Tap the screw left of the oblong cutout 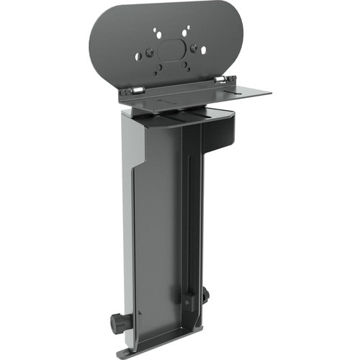(150, 52)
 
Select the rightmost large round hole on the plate (204, 50)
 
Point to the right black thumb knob (206, 294)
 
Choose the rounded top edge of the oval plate (166, 6)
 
